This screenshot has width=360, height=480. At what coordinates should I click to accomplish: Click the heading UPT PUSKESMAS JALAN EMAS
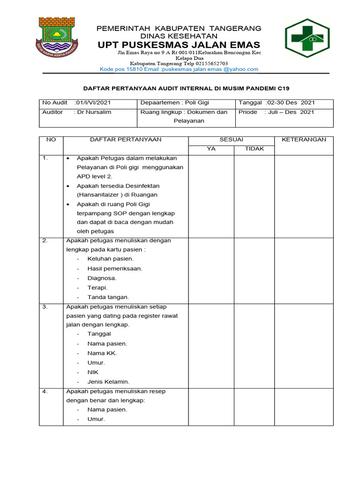pyautogui.click(x=179, y=45)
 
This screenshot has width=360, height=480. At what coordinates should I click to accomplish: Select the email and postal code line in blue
pyautogui.click(x=179, y=69)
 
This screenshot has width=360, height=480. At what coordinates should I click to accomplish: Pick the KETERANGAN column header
pyautogui.click(x=304, y=139)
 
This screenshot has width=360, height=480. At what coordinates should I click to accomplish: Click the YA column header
pyautogui.click(x=211, y=149)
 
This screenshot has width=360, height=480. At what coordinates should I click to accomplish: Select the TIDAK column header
pyautogui.click(x=255, y=149)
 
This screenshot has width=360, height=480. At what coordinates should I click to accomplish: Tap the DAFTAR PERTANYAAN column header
pyautogui.click(x=126, y=139)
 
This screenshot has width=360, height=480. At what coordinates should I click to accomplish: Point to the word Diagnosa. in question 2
pyautogui.click(x=102, y=278)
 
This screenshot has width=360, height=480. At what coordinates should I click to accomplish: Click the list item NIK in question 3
pyautogui.click(x=93, y=372)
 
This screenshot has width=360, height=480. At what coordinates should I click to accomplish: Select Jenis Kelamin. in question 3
pyautogui.click(x=108, y=382)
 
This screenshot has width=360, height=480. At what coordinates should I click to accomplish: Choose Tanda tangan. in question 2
pyautogui.click(x=108, y=297)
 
